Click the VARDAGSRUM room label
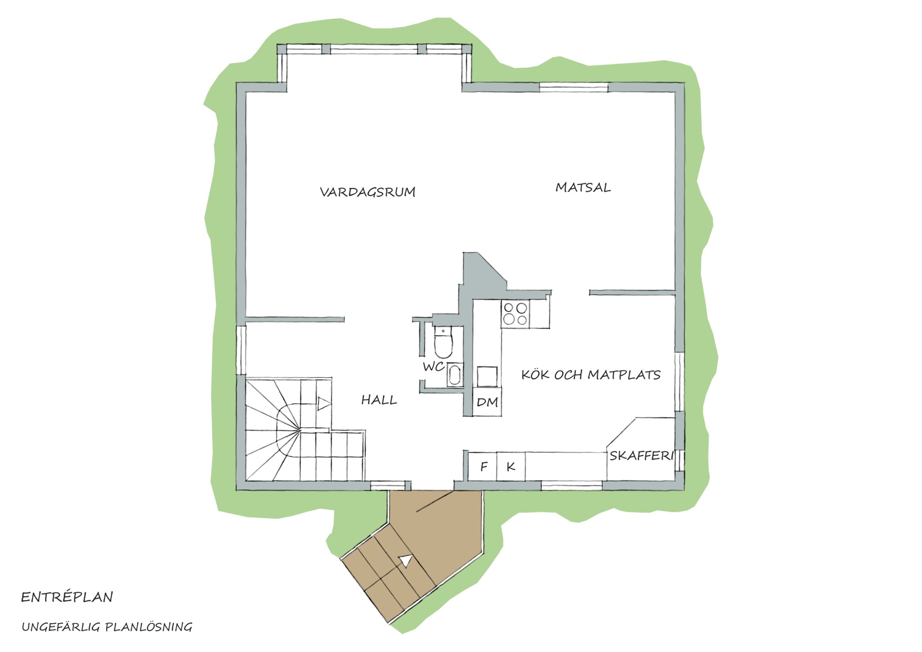tap(367, 192)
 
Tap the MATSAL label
tap(583, 187)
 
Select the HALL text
tap(379, 400)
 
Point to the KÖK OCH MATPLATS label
tap(591, 375)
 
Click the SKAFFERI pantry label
tap(642, 456)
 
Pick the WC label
tap(434, 367)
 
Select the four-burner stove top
tap(515, 314)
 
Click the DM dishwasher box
tap(487, 402)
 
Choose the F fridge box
tap(484, 466)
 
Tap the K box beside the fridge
tap(511, 466)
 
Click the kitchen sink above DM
tap(488, 377)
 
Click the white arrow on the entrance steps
tap(406, 561)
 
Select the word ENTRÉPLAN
tap(67, 598)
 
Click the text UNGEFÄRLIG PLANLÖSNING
tap(107, 627)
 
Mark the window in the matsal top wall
tap(574, 87)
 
